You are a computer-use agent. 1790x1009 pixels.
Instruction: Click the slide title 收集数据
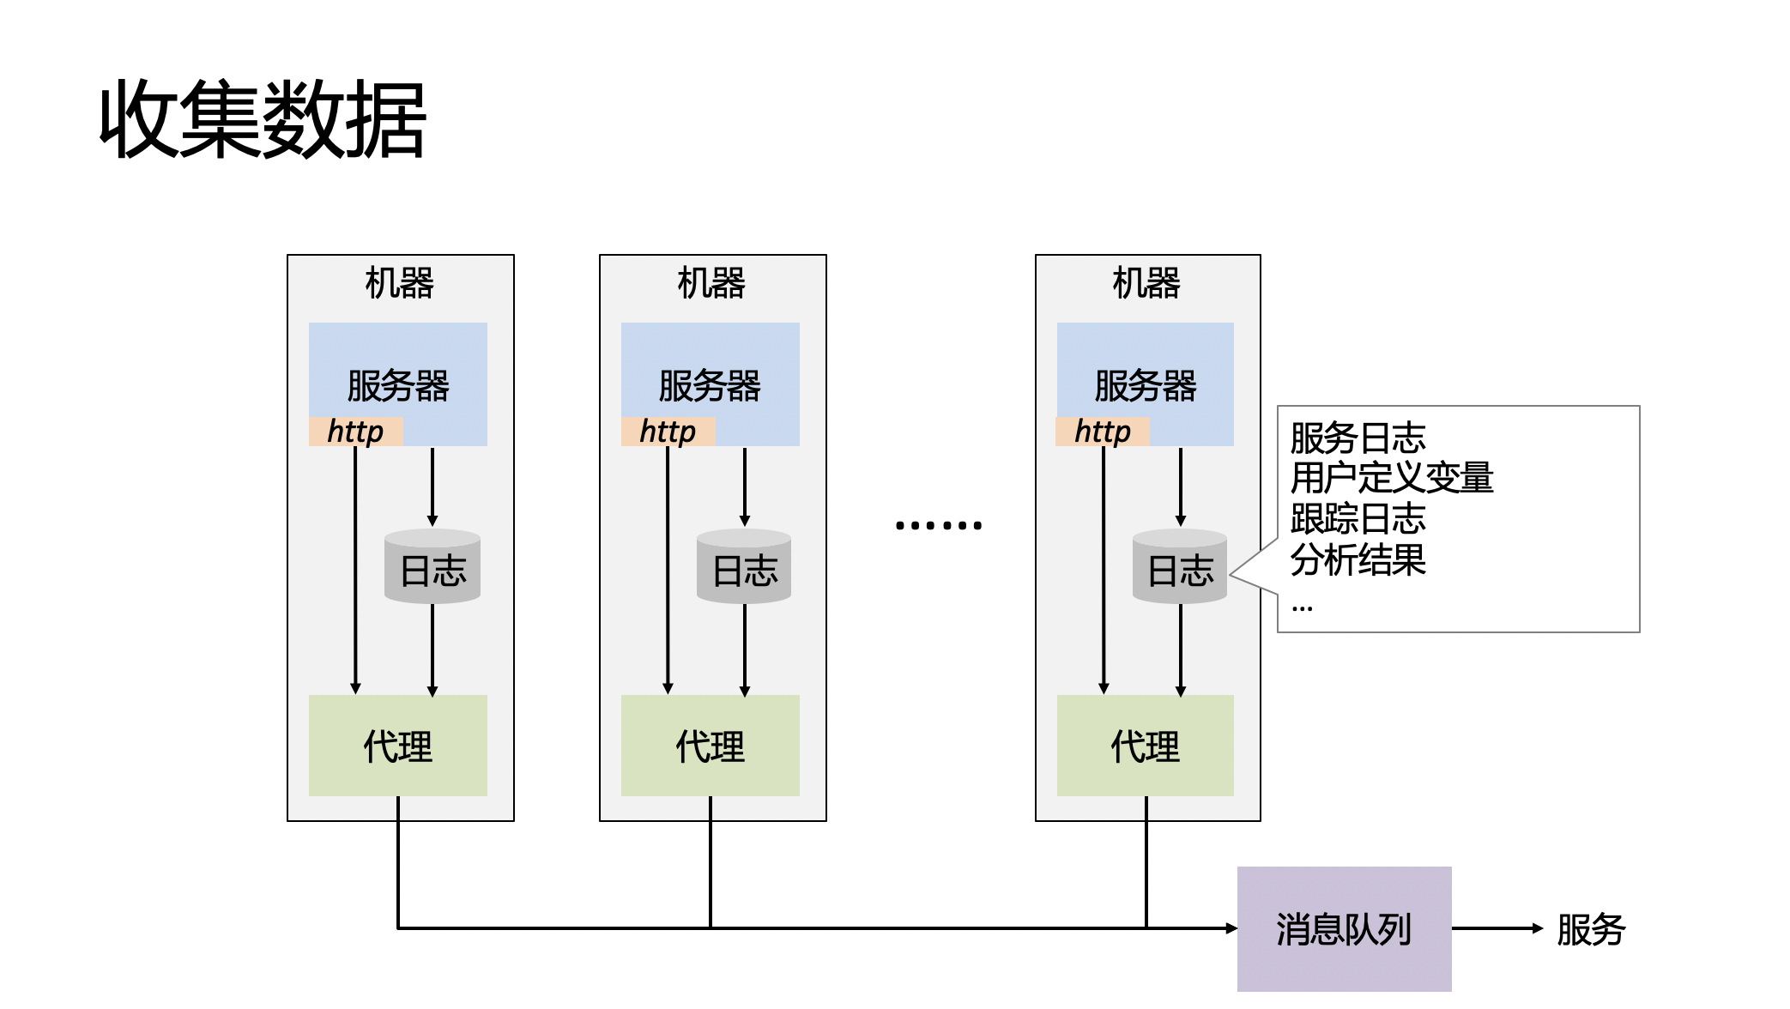click(263, 119)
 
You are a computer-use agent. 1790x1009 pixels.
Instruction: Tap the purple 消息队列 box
click(1344, 928)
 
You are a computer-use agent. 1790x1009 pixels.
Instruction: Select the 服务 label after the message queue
click(1590, 929)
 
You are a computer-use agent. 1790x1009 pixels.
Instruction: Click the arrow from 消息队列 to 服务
click(1497, 928)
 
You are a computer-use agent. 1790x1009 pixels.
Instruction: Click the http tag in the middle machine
click(668, 431)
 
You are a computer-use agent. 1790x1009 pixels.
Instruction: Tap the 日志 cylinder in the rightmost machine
click(1180, 568)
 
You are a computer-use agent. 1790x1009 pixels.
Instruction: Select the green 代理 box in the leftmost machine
click(398, 746)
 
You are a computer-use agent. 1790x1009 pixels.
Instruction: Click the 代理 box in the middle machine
click(711, 746)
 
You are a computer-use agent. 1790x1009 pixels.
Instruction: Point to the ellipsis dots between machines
click(938, 524)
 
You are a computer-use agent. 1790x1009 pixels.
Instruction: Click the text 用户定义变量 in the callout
click(1391, 478)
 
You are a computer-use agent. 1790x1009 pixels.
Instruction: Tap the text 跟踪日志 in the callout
click(1358, 519)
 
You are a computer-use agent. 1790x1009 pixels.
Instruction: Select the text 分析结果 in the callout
click(1358, 560)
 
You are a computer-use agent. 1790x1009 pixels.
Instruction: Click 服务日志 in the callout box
click(1358, 438)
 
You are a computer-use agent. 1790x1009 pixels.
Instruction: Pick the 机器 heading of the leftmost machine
click(400, 282)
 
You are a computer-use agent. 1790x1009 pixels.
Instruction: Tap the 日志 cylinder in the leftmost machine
click(432, 568)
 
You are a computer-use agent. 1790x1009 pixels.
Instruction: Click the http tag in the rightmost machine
click(1103, 431)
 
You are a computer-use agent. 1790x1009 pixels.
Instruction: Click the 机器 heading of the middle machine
click(711, 282)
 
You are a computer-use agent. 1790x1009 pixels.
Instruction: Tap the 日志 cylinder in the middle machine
click(744, 568)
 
